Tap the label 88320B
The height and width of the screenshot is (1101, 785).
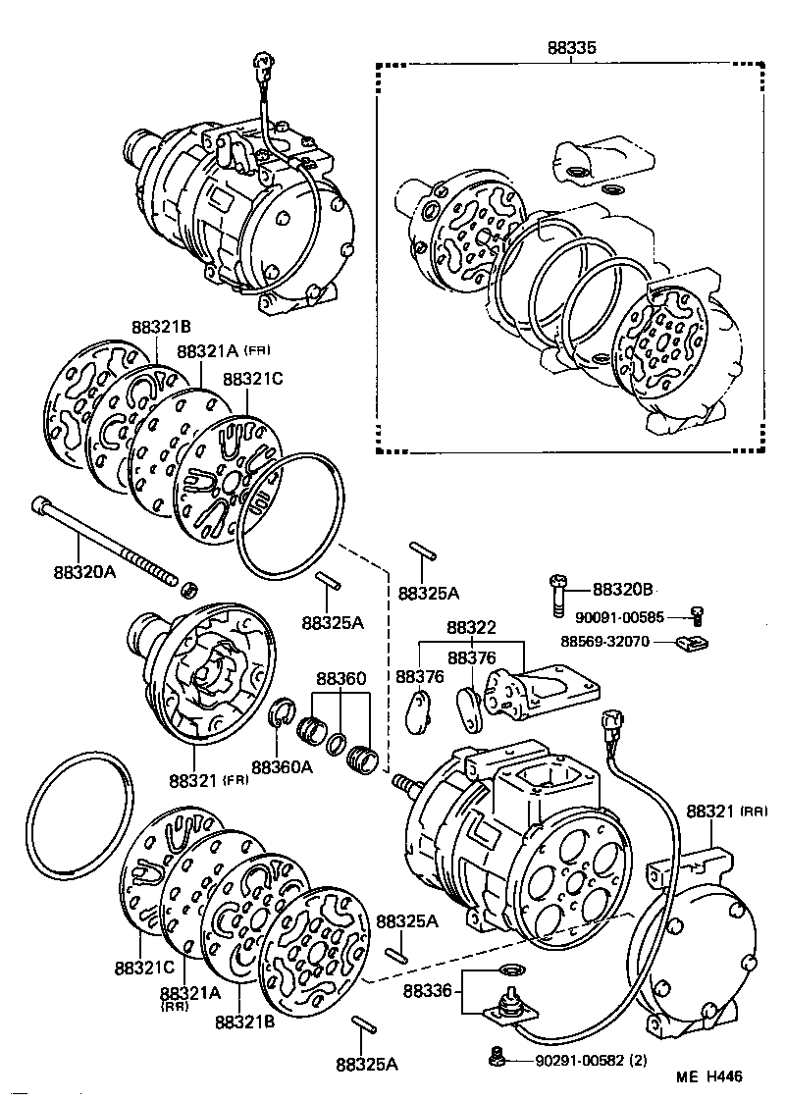(x=622, y=590)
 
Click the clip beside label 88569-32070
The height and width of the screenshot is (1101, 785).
(x=694, y=644)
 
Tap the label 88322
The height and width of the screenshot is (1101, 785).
(x=472, y=627)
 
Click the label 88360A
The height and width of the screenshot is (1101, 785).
(x=282, y=766)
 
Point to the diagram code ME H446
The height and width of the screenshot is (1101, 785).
(x=708, y=1076)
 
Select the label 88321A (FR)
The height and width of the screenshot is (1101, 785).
(x=224, y=351)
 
